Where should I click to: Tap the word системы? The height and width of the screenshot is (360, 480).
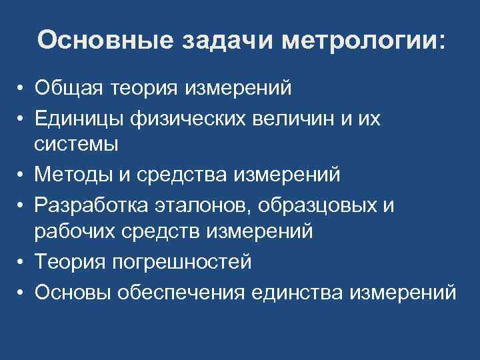point(77,143)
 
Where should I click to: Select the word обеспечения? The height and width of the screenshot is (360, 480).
point(175,292)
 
